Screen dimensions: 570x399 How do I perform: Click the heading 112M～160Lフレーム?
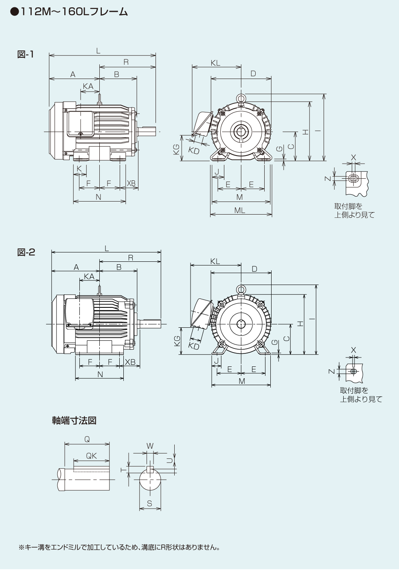point(69,12)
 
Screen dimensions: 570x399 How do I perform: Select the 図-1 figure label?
point(26,54)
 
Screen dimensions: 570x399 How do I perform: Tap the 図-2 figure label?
point(26,252)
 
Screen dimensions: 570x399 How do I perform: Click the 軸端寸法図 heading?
point(74,420)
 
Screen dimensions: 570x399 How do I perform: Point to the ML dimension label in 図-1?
point(240,210)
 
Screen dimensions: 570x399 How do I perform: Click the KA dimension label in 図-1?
point(88,86)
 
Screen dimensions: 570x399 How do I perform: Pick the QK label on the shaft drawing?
point(91,456)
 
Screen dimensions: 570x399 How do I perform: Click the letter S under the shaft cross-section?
point(149,504)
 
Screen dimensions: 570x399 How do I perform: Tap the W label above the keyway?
point(150,446)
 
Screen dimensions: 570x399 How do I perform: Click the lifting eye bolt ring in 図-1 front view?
point(241,98)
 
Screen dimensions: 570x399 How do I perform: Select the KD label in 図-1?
point(194,150)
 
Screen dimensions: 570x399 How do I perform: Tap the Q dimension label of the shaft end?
point(87,439)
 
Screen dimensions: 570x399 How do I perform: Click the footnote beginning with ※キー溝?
point(119,547)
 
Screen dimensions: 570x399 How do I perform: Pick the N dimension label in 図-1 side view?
point(99,197)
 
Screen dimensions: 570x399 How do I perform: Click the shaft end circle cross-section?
point(149,481)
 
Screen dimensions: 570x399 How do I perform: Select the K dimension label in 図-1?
point(79,169)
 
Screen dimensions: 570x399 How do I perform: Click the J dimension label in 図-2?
point(216,361)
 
